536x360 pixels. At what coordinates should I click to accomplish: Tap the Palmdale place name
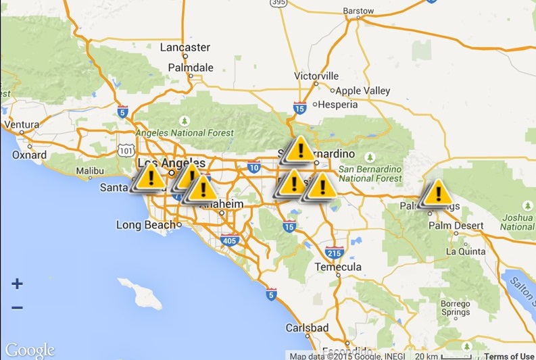pyautogui.click(x=191, y=68)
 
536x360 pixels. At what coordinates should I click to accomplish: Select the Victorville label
pyautogui.click(x=316, y=76)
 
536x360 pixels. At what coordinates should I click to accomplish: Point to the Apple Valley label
pyautogui.click(x=363, y=91)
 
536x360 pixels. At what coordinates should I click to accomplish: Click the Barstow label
pyautogui.click(x=358, y=11)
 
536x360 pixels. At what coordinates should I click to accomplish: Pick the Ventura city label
pyautogui.click(x=22, y=125)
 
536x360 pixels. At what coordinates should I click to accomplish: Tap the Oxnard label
pyautogui.click(x=30, y=155)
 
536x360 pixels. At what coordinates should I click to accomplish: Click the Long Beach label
pyautogui.click(x=147, y=224)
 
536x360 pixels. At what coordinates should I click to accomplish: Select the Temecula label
pyautogui.click(x=338, y=267)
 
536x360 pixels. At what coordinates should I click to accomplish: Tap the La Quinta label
pyautogui.click(x=466, y=251)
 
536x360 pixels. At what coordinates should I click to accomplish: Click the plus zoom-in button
pyautogui.click(x=17, y=284)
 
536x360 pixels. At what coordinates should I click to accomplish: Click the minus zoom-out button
pyautogui.click(x=17, y=308)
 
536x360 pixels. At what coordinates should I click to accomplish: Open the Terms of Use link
pyautogui.click(x=508, y=356)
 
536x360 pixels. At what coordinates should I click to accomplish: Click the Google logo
pyautogui.click(x=30, y=351)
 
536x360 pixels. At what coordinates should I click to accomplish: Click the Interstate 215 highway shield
pyautogui.click(x=334, y=252)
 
